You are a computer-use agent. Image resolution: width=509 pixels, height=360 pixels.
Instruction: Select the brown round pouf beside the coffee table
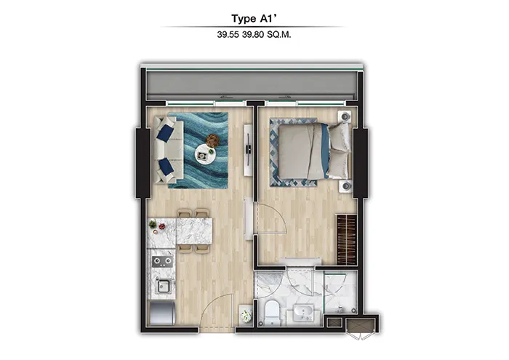coord(212,140)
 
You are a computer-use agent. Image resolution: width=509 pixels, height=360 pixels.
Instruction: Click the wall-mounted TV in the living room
coord(248,148)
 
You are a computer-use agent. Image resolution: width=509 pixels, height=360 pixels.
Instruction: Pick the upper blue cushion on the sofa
coord(166,133)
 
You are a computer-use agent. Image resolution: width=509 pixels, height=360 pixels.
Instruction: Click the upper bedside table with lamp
coord(347,116)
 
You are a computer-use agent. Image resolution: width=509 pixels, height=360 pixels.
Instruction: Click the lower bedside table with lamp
coord(347,186)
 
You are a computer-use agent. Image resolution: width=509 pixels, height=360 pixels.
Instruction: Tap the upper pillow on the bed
coord(339,135)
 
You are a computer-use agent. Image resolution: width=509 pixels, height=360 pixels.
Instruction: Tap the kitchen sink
coord(161,285)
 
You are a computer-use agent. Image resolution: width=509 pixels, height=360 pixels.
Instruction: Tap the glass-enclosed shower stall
coord(340,291)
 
